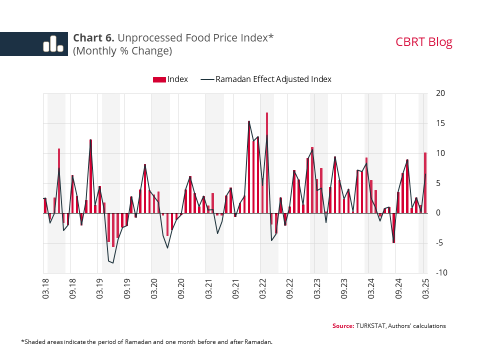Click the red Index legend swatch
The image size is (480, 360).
click(158, 79)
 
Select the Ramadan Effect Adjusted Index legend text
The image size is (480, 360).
click(273, 79)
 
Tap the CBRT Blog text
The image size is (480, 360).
click(424, 42)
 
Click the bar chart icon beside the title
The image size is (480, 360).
click(52, 44)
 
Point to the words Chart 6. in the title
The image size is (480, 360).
click(94, 38)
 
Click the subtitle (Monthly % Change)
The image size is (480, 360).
click(122, 51)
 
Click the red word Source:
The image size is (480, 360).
click(343, 326)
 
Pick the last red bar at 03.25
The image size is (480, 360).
click(425, 182)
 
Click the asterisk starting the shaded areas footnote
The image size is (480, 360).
click(22, 342)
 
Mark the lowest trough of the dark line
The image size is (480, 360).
click(113, 263)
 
